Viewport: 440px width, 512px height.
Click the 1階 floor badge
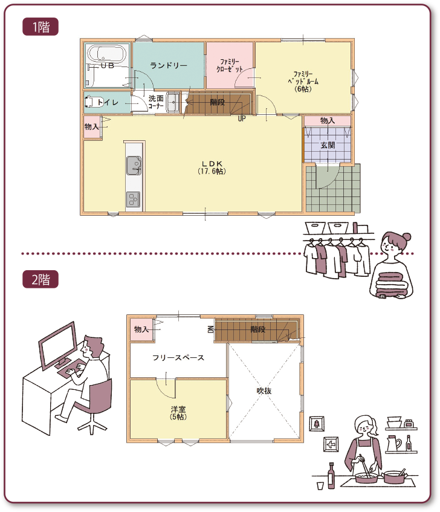(x=40, y=27)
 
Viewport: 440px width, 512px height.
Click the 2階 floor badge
(x=40, y=279)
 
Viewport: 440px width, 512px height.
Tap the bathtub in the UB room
(x=107, y=53)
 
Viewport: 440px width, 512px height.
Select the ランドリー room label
(x=169, y=65)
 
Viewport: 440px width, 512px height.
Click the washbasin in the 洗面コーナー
(x=173, y=102)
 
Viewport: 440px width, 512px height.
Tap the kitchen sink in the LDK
(x=134, y=165)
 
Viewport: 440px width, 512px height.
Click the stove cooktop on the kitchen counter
(x=133, y=199)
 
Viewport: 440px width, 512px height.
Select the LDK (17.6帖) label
(x=212, y=167)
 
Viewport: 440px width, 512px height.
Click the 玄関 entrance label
(x=328, y=145)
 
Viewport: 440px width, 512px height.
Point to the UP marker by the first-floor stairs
(x=242, y=118)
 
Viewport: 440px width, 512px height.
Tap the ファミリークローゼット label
(x=230, y=65)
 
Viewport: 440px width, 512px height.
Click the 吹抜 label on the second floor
(x=264, y=390)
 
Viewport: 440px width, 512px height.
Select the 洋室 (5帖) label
(x=178, y=413)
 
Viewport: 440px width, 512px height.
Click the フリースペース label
(x=178, y=357)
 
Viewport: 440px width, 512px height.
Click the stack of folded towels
(x=392, y=284)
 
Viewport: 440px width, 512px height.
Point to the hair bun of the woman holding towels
(x=406, y=236)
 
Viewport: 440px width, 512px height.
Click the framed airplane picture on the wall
(x=331, y=444)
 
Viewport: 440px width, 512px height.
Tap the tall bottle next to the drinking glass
(x=331, y=475)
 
